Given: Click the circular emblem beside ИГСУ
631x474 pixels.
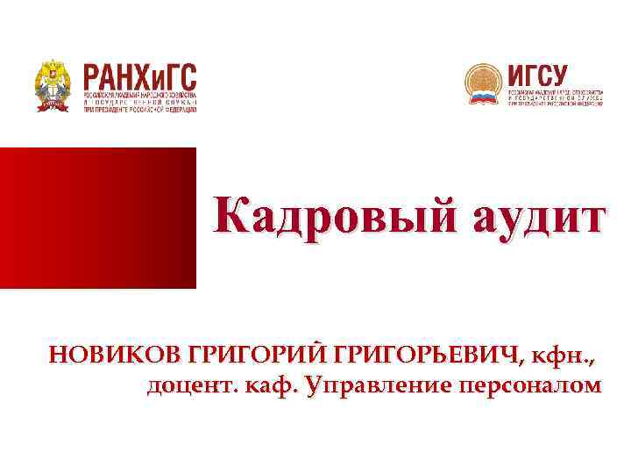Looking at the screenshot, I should pyautogui.click(x=483, y=84).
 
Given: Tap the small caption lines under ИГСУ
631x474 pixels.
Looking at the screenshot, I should pyautogui.click(x=556, y=97).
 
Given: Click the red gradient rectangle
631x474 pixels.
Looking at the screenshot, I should pyautogui.click(x=97, y=218).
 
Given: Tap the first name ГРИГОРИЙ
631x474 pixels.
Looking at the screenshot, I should pyautogui.click(x=252, y=356).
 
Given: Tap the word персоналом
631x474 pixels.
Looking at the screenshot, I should pyautogui.click(x=528, y=386).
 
